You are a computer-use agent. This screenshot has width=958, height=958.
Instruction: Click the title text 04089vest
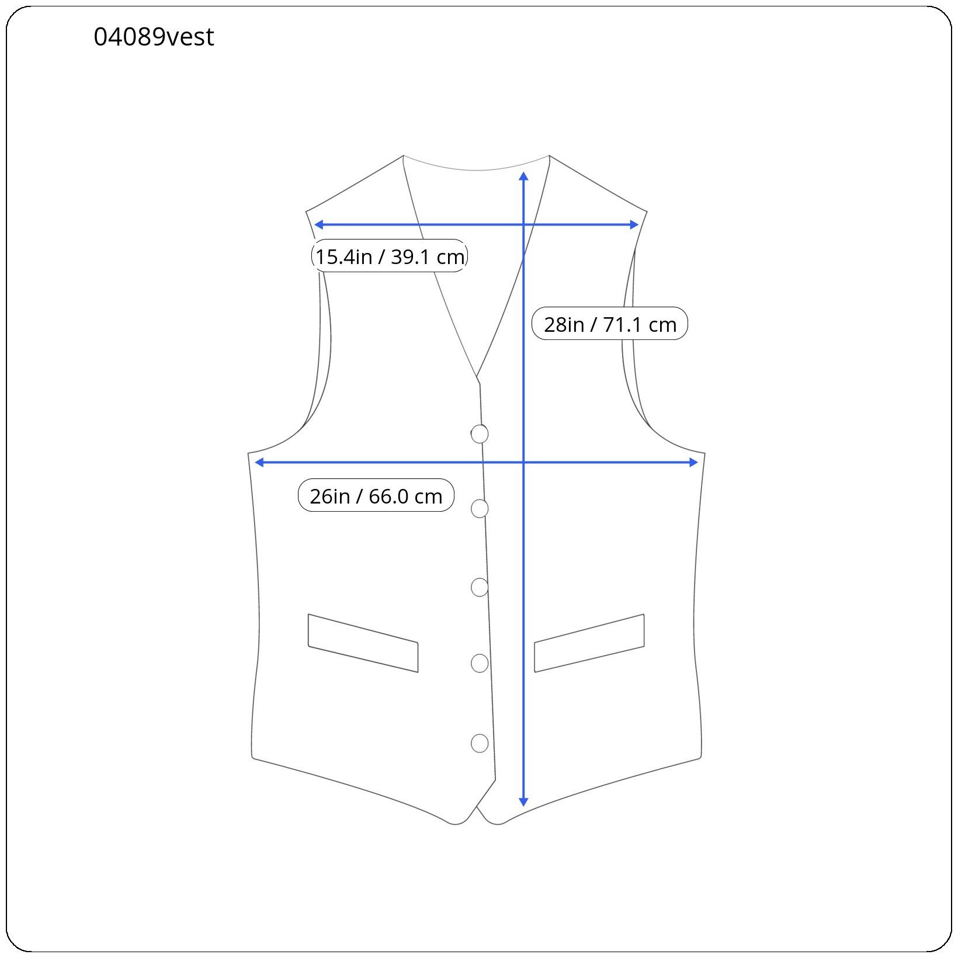pos(154,37)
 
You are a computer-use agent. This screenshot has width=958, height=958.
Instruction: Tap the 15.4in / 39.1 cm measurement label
pos(390,256)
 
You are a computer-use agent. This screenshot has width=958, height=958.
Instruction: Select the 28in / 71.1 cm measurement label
pos(610,324)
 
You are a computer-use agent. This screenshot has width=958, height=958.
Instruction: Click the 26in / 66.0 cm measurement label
pos(376,495)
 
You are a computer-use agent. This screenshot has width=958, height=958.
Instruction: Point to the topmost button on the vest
pos(479,434)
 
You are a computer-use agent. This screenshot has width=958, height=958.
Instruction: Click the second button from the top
pos(480,509)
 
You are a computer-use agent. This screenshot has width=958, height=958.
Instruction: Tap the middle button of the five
pos(480,587)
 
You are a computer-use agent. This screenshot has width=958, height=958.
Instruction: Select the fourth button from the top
pos(480,664)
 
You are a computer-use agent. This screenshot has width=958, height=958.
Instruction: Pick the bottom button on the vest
pos(480,743)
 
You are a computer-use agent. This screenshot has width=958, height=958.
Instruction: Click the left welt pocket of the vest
pos(363,643)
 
